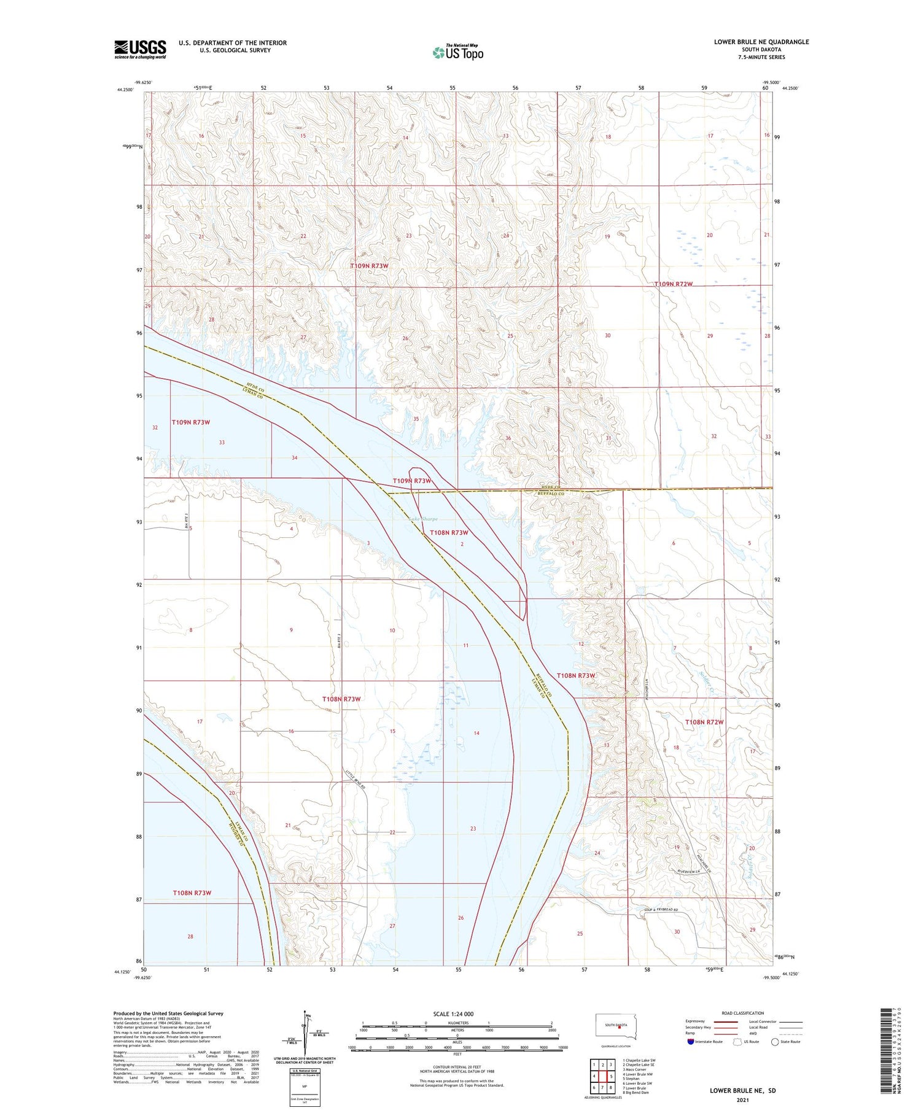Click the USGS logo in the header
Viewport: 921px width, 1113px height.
click(140, 49)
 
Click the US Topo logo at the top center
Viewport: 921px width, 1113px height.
click(458, 53)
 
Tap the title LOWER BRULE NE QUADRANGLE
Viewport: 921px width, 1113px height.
click(761, 42)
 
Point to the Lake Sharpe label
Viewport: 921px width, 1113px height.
click(424, 519)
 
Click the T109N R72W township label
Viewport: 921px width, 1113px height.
click(673, 284)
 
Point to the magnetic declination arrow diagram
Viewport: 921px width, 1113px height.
click(304, 1033)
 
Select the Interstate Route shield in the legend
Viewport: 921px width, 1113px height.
click(691, 1042)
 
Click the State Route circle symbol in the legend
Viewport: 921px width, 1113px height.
click(775, 1042)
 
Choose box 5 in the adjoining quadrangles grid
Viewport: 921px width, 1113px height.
click(611, 1076)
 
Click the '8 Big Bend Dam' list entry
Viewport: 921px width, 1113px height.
click(635, 1093)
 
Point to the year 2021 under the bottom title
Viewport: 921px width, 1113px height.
click(742, 1099)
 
